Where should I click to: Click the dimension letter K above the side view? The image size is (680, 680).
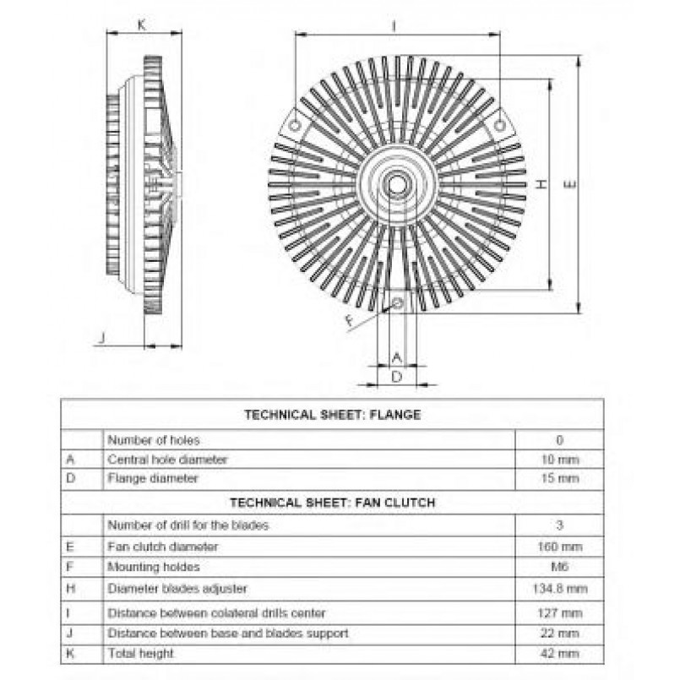[x=142, y=25]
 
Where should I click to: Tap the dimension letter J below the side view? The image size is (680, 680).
[x=102, y=337]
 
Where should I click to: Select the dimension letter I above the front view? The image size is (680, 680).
[x=394, y=26]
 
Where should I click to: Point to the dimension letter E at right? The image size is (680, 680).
[x=571, y=184]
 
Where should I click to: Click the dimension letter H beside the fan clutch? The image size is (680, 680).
[x=541, y=184]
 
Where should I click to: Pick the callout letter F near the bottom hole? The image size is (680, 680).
[x=351, y=320]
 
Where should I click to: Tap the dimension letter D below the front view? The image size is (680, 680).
[x=397, y=377]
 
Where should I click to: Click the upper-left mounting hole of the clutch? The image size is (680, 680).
[x=295, y=126]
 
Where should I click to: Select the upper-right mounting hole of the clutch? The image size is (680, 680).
[x=500, y=126]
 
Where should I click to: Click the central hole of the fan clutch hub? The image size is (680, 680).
[x=396, y=184]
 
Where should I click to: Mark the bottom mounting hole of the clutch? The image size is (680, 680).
[x=398, y=302]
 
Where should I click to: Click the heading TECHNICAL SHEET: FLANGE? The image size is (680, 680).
[x=333, y=415]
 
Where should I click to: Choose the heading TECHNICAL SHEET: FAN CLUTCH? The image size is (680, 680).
[x=333, y=503]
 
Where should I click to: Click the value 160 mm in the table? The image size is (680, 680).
[x=560, y=547]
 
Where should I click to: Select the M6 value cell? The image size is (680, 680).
[x=560, y=566]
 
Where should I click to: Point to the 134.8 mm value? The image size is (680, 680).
[x=560, y=589]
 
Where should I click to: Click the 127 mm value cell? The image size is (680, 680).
[x=560, y=612]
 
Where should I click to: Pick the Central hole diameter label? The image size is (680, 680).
[x=167, y=460]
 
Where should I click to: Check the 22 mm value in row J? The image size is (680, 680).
[x=560, y=634]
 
